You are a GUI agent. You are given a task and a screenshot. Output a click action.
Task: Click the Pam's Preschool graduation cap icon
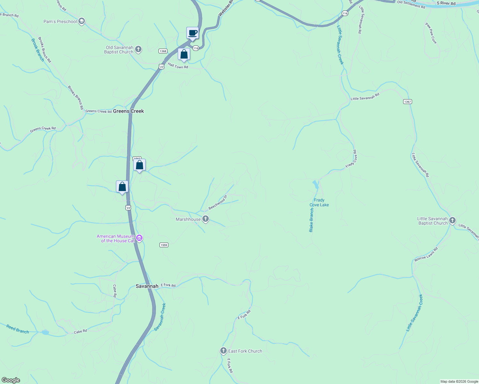tap(82, 21)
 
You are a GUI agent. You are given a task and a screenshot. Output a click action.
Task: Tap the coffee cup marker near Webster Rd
tap(192, 33)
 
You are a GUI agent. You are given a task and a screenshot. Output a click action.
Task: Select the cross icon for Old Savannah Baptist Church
tap(138, 49)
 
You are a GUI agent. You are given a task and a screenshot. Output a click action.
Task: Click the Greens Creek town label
tap(128, 111)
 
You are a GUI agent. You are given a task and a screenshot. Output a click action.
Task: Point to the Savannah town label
tap(147, 286)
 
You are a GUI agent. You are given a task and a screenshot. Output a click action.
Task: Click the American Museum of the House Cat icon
tap(139, 238)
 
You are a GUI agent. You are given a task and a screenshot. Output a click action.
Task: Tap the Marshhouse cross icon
tap(206, 219)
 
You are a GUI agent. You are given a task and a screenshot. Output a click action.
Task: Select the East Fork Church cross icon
tap(223, 351)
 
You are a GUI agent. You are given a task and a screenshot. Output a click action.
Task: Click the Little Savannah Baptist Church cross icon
tap(452, 220)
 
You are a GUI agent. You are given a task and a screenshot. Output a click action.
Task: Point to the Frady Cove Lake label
tap(319, 203)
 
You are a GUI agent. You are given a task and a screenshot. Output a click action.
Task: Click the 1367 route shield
tap(407, 101)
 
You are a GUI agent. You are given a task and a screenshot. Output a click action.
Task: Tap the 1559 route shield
tap(164, 245)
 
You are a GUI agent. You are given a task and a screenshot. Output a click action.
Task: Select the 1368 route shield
tap(163, 51)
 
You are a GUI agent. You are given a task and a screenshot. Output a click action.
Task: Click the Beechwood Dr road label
tap(218, 202)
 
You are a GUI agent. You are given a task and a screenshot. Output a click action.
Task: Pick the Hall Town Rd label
tap(178, 66)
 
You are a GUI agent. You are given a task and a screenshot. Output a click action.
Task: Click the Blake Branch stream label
tap(311, 220)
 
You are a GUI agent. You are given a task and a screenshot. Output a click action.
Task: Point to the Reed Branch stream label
tap(18, 329)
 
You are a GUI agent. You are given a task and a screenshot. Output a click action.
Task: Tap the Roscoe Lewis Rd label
tap(426, 255)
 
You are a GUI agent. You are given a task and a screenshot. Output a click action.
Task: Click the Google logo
tap(11, 380)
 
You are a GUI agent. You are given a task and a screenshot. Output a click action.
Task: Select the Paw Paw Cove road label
tap(431, 33)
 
